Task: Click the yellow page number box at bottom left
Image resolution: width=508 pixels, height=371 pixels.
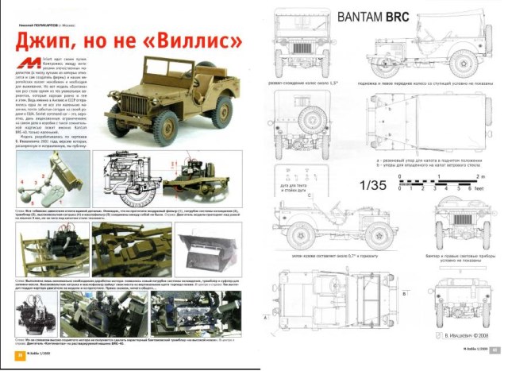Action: point(21,354)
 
